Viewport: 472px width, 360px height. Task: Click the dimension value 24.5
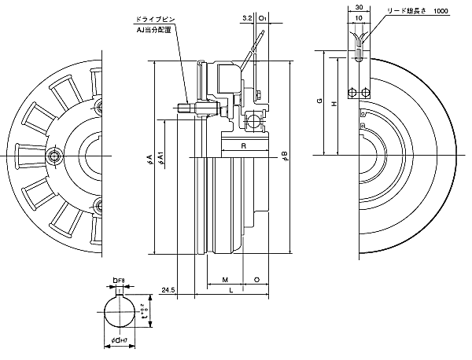(x=167, y=291)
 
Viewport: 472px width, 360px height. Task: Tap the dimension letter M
(x=224, y=280)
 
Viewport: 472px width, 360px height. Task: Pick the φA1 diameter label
(x=160, y=157)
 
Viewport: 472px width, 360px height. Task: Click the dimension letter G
(x=319, y=101)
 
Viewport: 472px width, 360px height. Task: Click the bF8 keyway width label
(x=117, y=278)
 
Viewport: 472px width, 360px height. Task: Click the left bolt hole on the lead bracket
(x=352, y=93)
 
